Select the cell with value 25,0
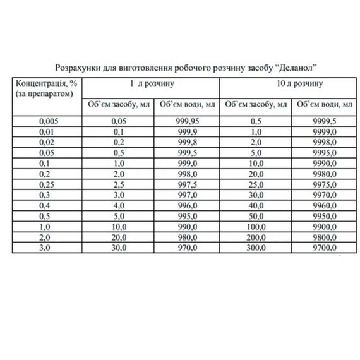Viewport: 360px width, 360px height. [x=256, y=183]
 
